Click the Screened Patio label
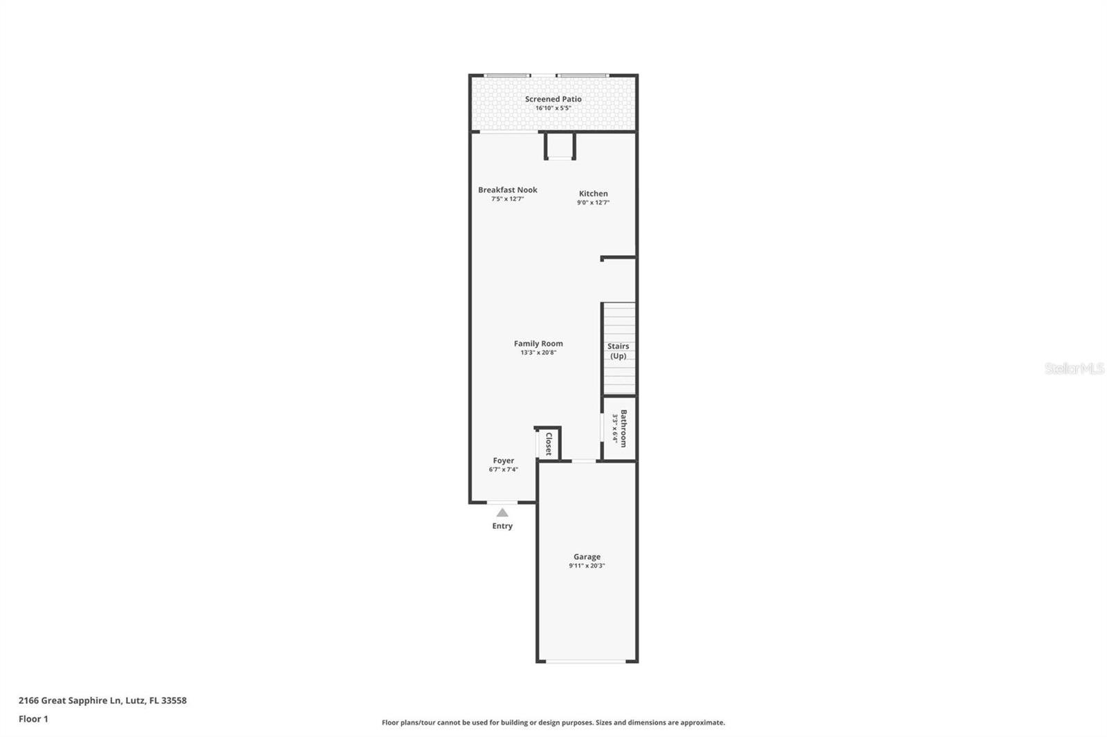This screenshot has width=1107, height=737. pos(553,99)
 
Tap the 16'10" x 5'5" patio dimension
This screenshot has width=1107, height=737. pos(553,109)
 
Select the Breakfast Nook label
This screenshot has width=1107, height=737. pos(507,189)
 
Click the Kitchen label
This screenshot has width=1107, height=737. pos(593,194)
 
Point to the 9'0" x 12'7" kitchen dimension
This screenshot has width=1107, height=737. pos(593,203)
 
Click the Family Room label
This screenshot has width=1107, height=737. pos(538,343)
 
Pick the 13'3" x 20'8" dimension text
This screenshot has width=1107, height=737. pos(538,353)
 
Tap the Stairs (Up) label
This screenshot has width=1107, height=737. pos(618,351)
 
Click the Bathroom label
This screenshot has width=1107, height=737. pos(623,429)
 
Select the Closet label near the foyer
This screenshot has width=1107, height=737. pos(549,444)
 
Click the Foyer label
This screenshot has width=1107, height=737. pos(503,460)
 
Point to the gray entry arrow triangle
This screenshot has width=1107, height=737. pos(502,513)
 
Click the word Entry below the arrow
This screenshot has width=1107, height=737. pos(502,526)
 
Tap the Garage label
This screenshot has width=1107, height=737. pos(587,557)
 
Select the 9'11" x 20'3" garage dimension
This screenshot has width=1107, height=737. pos(587,566)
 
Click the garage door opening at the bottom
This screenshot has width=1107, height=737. pos(586,662)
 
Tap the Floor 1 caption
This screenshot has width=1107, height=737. pos(33,719)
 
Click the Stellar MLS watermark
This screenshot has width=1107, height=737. pos(1074,368)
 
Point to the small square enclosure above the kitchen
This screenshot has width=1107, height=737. pos(560,145)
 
